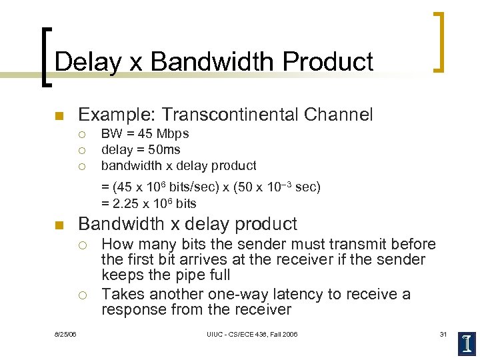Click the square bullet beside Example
(59, 117)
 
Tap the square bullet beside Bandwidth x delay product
(59, 225)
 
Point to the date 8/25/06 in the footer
(66, 334)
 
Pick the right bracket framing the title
(439, 41)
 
